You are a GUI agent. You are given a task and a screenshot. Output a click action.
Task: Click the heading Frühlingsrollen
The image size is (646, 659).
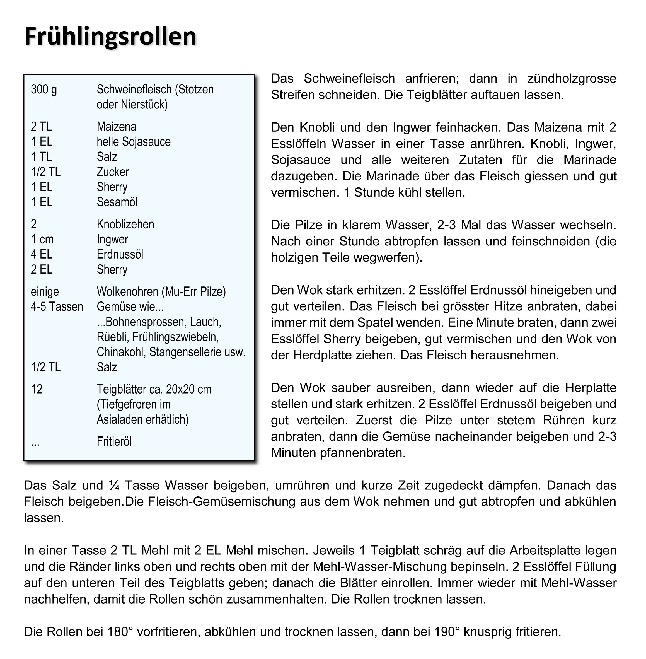(110, 36)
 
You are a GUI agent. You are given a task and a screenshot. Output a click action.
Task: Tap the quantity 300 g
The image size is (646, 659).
(44, 89)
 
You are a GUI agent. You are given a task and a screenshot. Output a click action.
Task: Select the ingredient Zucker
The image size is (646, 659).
(113, 172)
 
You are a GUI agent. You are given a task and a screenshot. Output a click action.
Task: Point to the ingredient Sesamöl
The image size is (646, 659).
(117, 202)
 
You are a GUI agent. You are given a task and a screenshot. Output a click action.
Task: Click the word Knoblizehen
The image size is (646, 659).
(125, 224)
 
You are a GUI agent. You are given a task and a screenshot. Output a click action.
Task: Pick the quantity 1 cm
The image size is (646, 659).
(42, 239)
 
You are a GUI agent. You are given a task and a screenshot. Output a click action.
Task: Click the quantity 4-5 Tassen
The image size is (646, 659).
(57, 306)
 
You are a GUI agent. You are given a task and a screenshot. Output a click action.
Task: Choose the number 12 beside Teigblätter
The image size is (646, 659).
(37, 389)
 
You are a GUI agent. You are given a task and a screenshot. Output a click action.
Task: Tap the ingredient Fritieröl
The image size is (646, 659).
(114, 441)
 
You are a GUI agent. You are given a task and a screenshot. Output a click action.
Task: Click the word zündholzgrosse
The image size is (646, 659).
(572, 78)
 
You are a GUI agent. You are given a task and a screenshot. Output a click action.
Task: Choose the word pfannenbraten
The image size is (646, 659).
(362, 453)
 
